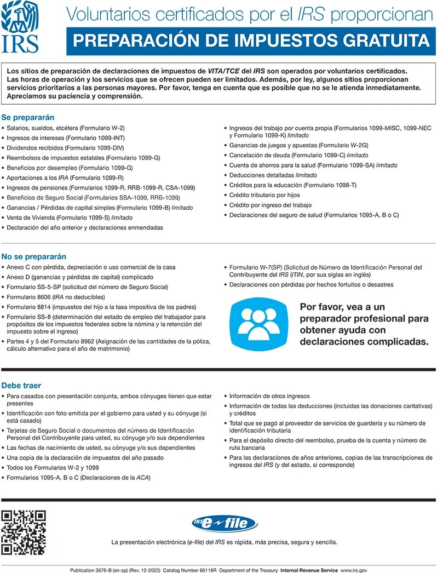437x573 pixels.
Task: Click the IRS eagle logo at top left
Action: [x=19, y=27]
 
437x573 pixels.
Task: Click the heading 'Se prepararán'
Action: [x=27, y=117]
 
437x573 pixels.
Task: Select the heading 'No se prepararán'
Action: [x=34, y=256]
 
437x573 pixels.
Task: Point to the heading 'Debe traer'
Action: [x=21, y=386]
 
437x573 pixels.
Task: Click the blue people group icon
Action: [x=258, y=325]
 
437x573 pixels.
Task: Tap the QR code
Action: [x=23, y=532]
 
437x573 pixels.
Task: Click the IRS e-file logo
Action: [x=225, y=524]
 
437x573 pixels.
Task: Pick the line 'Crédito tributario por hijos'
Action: [x=264, y=195]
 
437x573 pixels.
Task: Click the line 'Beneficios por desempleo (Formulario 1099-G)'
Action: [x=70, y=168]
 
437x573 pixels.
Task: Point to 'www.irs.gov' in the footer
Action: [x=354, y=570]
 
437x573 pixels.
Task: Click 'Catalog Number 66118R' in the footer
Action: [x=191, y=570]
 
